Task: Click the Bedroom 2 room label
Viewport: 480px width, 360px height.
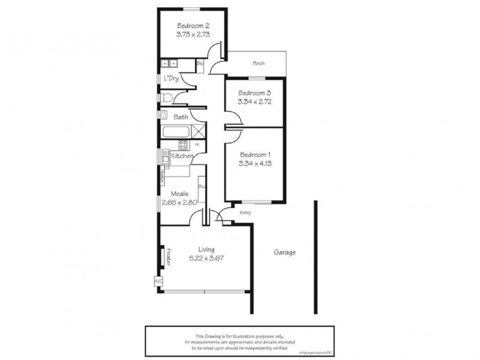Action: click(193, 26)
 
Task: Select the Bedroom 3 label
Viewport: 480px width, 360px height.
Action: click(254, 93)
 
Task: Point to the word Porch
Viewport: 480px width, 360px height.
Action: click(259, 63)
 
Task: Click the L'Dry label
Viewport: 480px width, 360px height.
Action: click(170, 79)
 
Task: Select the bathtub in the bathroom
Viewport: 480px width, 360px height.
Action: click(178, 131)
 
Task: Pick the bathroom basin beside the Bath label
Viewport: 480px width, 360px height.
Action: click(163, 114)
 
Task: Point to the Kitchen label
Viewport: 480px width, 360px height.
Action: click(182, 156)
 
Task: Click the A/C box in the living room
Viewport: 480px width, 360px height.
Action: click(158, 280)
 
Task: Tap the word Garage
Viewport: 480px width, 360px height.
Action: click(285, 253)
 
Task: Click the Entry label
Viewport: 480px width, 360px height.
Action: click(245, 212)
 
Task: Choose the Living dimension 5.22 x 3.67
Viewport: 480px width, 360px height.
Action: click(215, 258)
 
